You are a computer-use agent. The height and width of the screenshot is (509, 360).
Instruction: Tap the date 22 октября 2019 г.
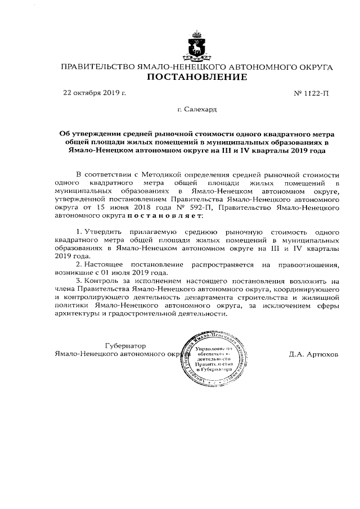coord(94,92)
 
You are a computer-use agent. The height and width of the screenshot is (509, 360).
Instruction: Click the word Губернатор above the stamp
coord(125,346)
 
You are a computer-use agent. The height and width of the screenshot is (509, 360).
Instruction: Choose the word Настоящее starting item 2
coord(105,263)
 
